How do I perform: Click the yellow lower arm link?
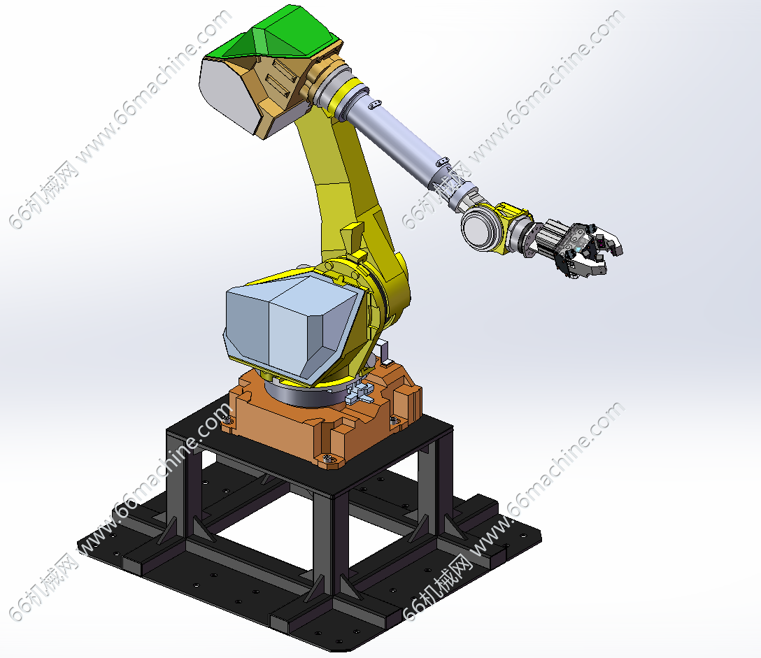(355, 203)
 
